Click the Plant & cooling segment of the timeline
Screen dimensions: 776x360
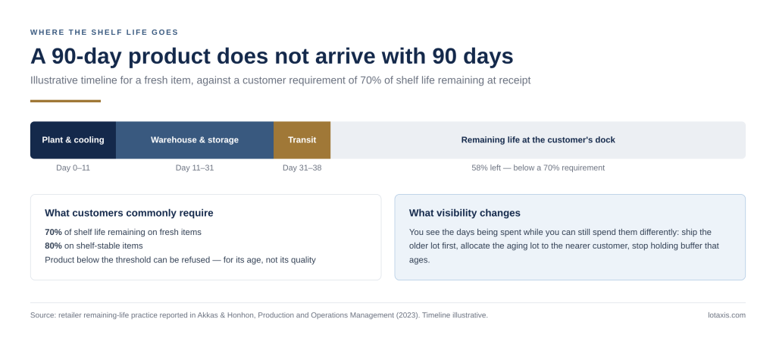pos(74,140)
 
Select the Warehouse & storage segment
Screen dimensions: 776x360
pos(195,140)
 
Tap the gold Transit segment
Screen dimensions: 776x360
pos(302,140)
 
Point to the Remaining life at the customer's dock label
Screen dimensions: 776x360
pos(538,140)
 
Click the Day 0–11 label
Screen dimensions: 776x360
pos(74,167)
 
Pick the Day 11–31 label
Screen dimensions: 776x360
pos(195,167)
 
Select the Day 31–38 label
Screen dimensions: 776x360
pos(302,167)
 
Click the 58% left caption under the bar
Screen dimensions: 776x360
pos(538,167)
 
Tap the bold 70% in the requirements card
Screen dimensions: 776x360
pos(54,232)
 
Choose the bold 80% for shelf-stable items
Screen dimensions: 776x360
pos(54,246)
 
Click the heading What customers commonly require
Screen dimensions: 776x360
pos(129,213)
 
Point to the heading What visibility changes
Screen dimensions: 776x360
pos(465,213)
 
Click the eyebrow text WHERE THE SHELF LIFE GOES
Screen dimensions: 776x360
pos(105,32)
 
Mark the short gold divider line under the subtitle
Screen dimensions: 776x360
pos(65,101)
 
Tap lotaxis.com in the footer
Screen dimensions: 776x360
pos(727,315)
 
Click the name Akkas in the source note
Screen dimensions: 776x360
pos(208,315)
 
